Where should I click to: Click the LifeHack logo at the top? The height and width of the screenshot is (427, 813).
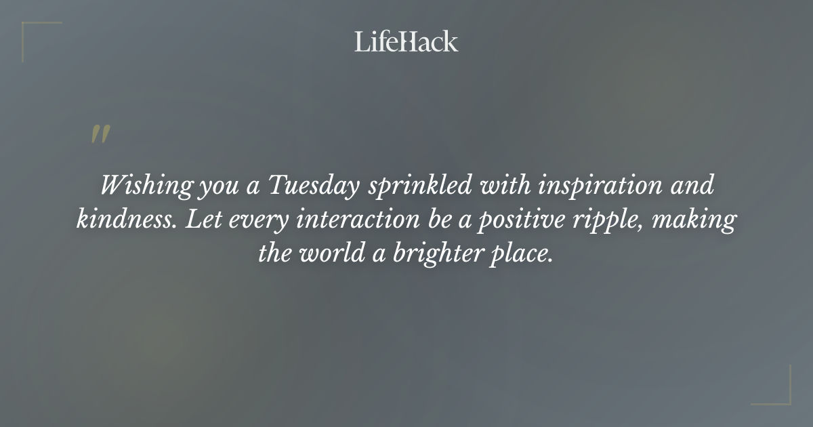[x=406, y=41]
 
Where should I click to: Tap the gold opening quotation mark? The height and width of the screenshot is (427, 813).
[x=100, y=134]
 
